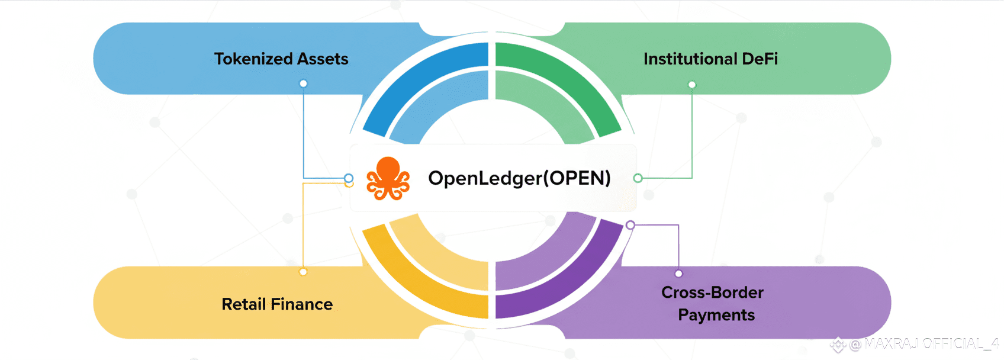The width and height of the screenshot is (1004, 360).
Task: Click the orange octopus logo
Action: [388, 179]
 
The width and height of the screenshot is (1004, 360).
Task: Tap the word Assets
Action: [323, 59]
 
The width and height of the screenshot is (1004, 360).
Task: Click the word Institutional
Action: [690, 59]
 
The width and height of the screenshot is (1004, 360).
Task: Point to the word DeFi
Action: [760, 59]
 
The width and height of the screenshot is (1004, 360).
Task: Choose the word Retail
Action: [243, 304]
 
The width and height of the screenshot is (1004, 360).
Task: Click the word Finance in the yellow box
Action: [301, 304]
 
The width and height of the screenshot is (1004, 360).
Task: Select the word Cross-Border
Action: [712, 292]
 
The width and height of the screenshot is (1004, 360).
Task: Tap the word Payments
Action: [716, 315]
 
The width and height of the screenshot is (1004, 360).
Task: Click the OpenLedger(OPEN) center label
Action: [519, 178]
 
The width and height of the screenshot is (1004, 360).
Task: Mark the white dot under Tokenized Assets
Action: [303, 83]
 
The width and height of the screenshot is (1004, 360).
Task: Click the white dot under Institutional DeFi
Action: [691, 85]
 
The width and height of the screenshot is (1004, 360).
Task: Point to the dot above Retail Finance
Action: [303, 272]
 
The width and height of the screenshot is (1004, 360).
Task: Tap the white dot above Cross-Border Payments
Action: [678, 274]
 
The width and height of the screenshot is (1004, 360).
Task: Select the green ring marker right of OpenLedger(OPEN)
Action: [638, 178]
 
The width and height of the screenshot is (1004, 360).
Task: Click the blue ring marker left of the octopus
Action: [349, 178]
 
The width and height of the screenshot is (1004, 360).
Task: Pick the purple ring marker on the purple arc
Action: [630, 225]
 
